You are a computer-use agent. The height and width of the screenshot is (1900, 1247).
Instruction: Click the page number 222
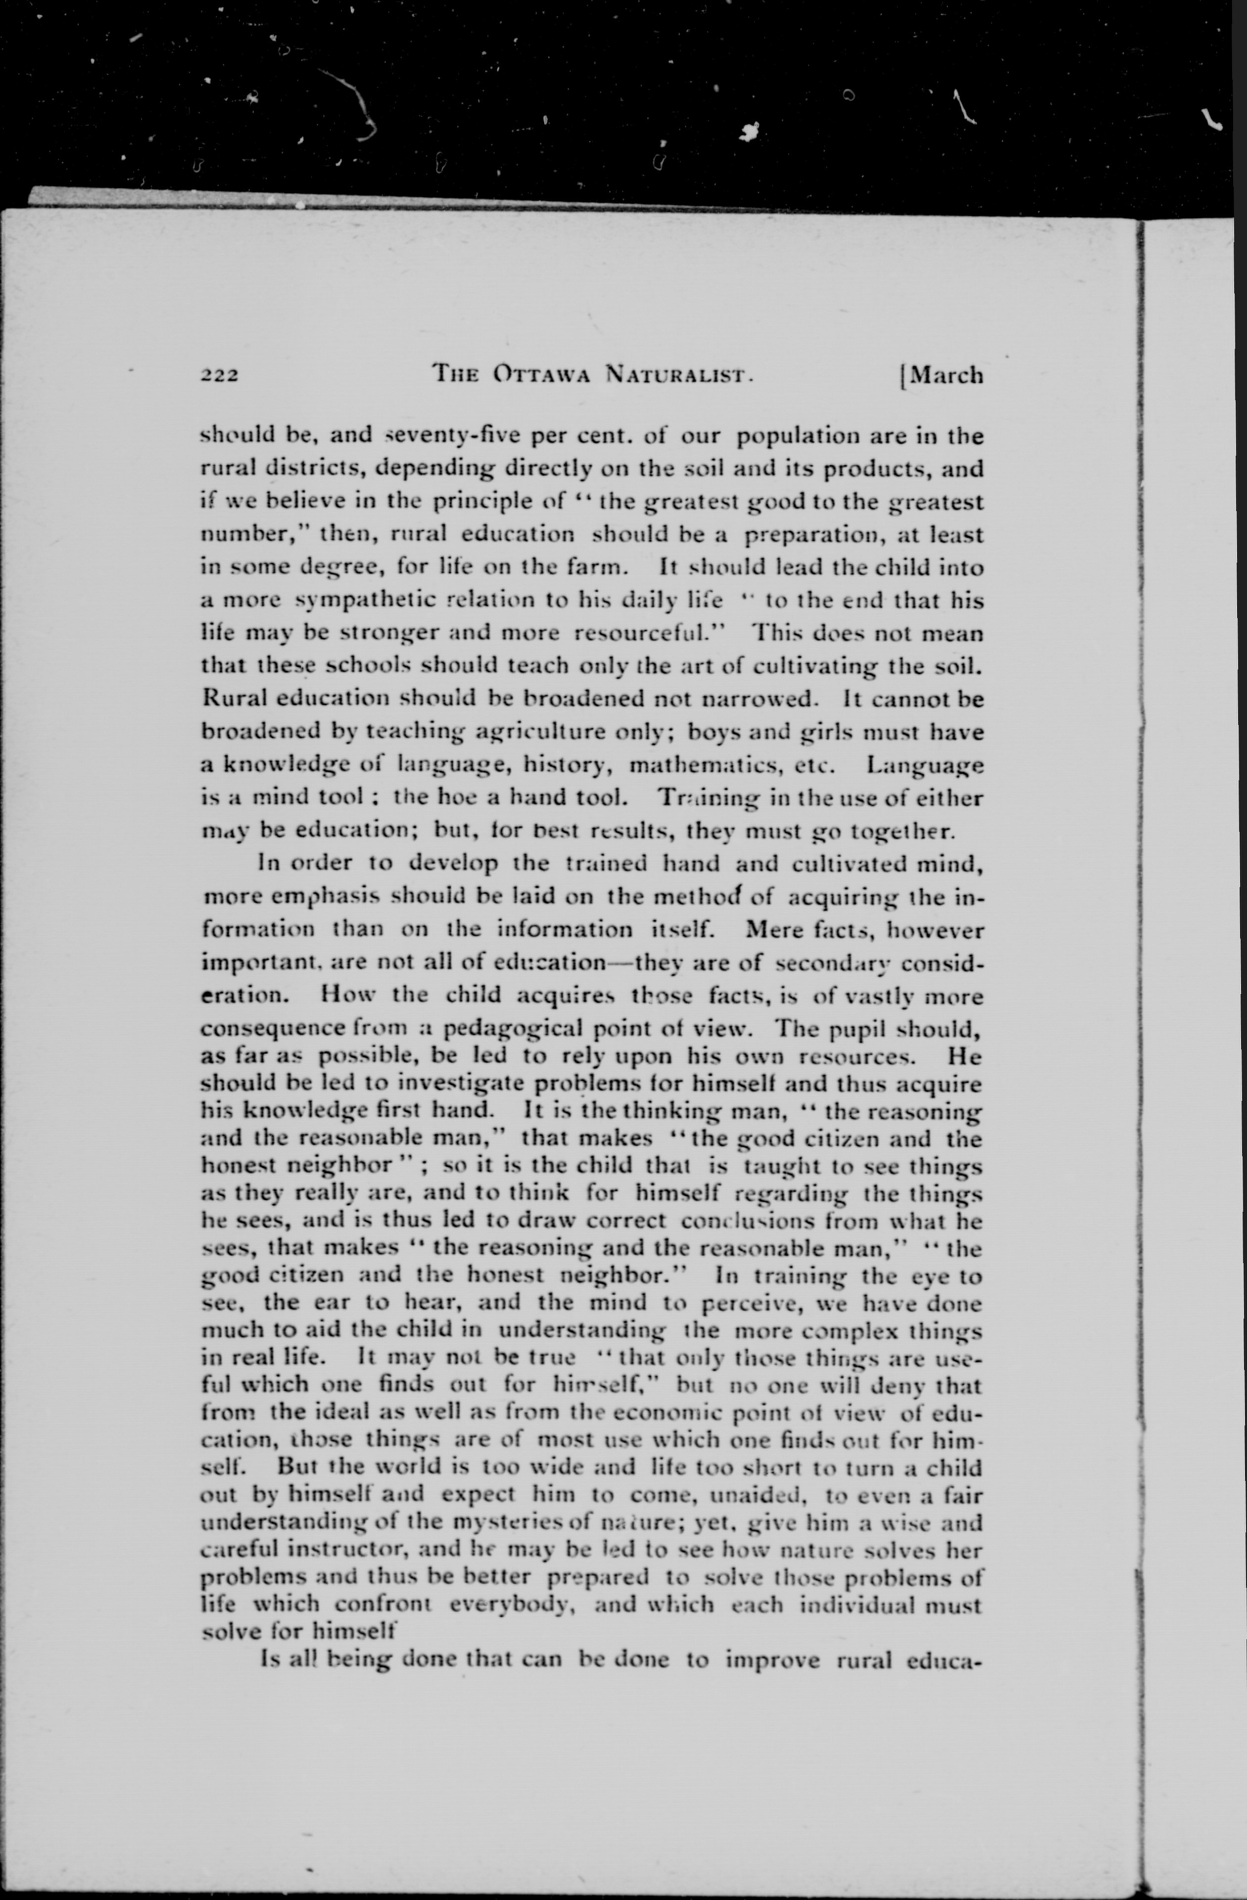(220, 375)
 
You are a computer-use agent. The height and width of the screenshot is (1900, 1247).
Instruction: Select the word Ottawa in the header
(541, 374)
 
